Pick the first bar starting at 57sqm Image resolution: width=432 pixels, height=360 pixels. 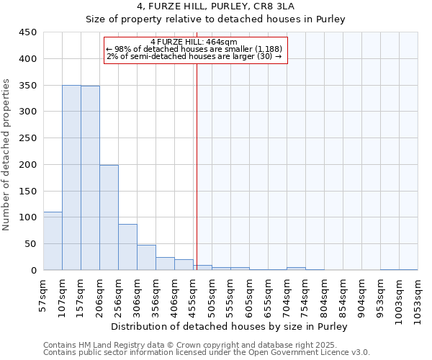53,241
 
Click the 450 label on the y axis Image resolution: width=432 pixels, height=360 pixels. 27,32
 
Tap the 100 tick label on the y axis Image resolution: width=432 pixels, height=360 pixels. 27,217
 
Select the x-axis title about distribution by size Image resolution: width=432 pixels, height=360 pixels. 230,326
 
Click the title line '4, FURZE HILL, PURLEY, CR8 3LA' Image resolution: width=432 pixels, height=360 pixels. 216,7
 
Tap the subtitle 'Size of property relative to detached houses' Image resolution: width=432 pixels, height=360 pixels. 216,20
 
